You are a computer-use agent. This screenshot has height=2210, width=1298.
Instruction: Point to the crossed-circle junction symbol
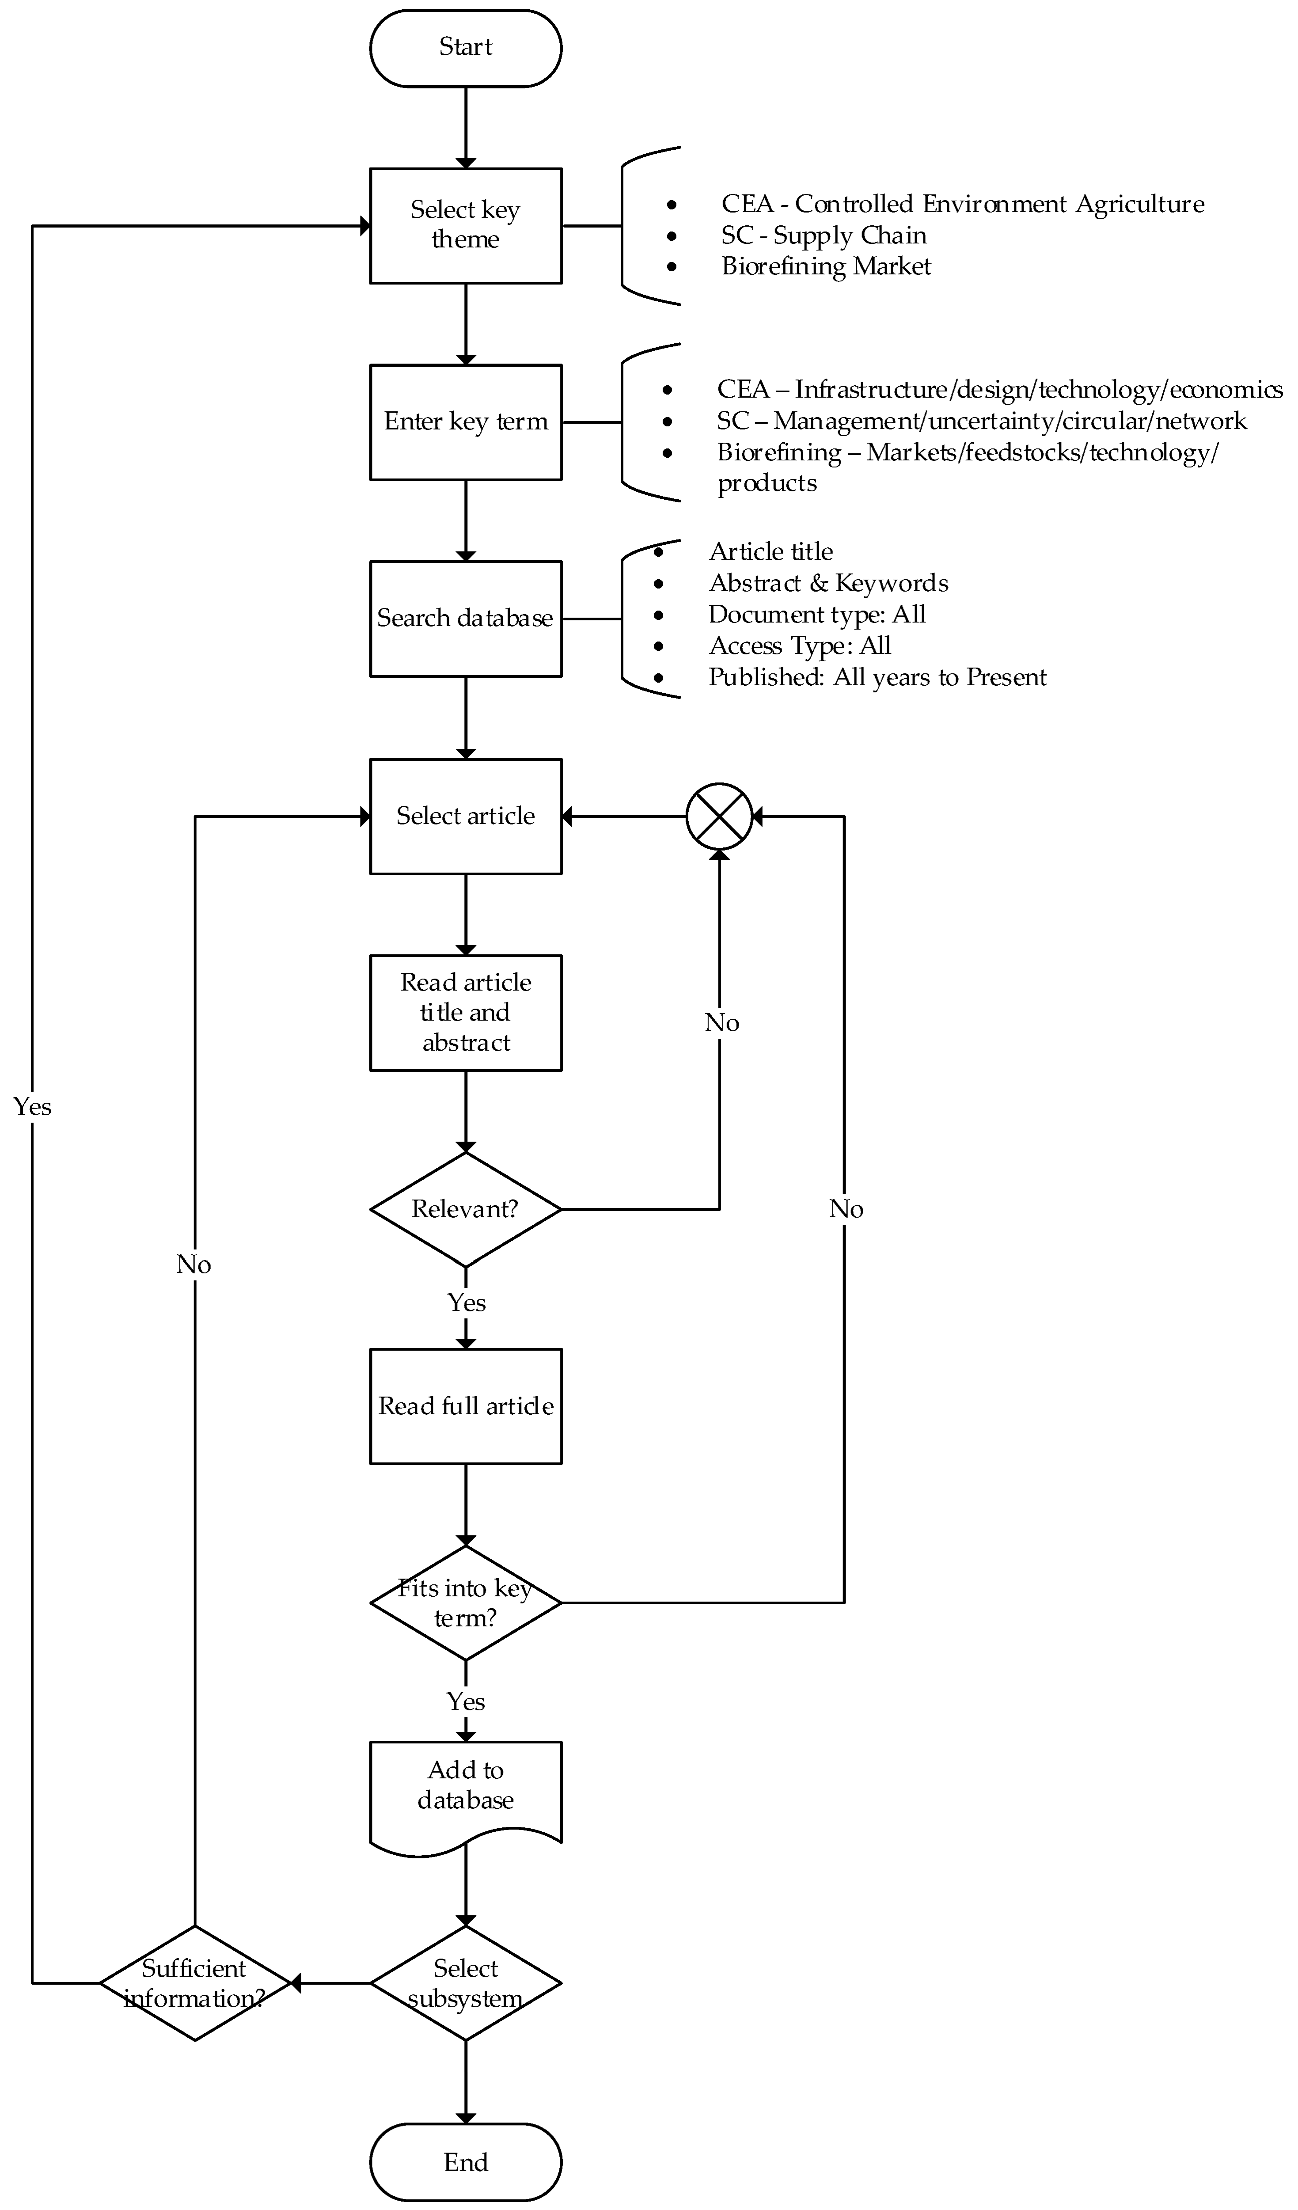(719, 816)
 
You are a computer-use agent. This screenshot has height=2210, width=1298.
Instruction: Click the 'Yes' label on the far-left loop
(32, 1107)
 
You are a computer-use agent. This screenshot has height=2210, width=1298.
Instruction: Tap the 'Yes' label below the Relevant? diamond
(466, 1302)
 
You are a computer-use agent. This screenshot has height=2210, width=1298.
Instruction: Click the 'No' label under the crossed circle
(721, 1022)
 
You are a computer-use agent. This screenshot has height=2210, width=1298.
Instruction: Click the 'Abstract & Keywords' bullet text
(828, 583)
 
